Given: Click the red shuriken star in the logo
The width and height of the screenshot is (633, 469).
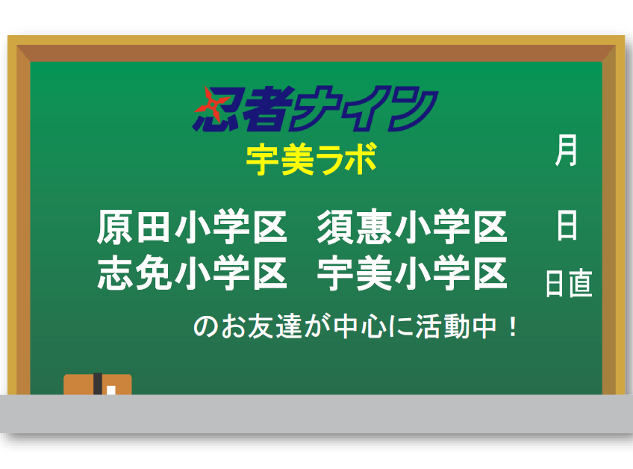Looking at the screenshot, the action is (209, 105).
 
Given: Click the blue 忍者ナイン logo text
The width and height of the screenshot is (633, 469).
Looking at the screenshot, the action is (316, 108).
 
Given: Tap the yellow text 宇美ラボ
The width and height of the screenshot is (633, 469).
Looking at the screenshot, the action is (311, 160).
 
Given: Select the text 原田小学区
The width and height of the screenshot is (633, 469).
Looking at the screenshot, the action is (192, 226).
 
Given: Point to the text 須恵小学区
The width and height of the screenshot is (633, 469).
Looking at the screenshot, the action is (412, 226).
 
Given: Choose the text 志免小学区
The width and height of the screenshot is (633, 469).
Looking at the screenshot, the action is (192, 273).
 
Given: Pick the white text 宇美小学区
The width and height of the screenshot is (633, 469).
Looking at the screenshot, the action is (412, 273).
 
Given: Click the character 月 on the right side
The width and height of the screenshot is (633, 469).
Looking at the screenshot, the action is (567, 151).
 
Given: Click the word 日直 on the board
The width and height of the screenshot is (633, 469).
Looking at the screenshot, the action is (569, 283).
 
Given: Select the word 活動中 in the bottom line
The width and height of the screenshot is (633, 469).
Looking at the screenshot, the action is (456, 327).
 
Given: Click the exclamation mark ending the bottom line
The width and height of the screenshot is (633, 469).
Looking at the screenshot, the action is (513, 327).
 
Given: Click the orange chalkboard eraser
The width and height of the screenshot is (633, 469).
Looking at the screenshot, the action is (98, 384).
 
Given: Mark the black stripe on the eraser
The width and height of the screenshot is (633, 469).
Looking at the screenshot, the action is (98, 384).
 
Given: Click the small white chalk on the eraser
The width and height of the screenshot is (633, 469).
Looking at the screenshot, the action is (111, 391).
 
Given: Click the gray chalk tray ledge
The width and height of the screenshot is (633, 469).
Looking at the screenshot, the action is (316, 414).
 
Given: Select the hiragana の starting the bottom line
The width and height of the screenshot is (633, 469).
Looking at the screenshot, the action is (206, 327).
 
